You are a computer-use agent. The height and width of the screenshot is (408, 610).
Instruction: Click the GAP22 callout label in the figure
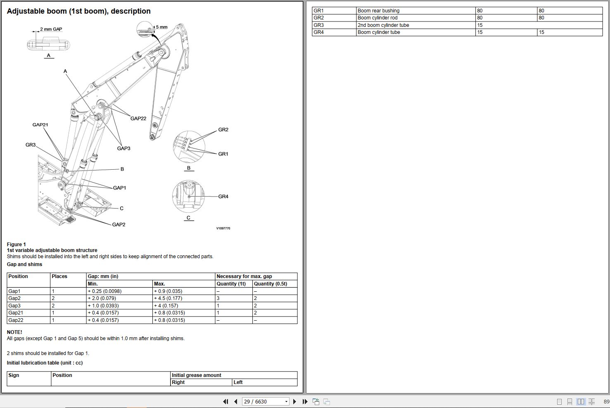(x=138, y=118)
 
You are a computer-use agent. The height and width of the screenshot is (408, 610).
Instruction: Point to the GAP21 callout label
(x=40, y=125)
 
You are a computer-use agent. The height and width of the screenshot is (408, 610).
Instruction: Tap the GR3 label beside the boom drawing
(x=31, y=145)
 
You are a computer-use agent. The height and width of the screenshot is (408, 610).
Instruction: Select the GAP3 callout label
(x=123, y=148)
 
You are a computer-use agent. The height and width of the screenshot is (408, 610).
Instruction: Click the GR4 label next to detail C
(x=223, y=197)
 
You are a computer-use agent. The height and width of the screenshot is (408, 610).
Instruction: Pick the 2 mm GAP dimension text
(x=51, y=29)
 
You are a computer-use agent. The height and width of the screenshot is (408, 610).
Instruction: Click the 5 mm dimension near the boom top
(x=161, y=27)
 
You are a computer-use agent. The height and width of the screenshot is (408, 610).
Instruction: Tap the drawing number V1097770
(x=223, y=228)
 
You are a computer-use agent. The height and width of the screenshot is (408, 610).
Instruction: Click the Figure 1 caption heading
(x=17, y=245)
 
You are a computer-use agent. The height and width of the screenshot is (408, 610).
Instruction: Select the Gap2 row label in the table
(x=14, y=298)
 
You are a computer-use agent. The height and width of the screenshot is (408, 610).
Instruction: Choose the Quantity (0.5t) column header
(x=270, y=284)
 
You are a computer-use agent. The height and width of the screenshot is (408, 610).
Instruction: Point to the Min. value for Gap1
(x=104, y=291)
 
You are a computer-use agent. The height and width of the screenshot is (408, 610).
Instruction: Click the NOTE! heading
(x=14, y=332)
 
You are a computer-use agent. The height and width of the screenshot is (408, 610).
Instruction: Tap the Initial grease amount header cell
(x=197, y=375)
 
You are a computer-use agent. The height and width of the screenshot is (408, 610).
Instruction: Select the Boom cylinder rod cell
(x=377, y=18)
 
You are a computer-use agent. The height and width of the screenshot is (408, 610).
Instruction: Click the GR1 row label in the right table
(x=318, y=11)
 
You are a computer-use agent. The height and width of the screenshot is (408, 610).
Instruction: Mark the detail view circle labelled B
(x=189, y=147)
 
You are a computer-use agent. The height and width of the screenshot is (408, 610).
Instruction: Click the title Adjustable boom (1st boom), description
(x=78, y=11)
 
